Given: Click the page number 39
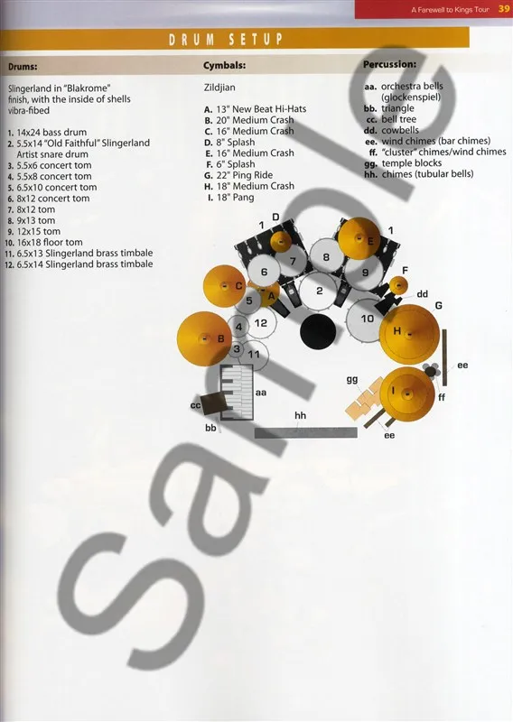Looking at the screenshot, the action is [x=504, y=9].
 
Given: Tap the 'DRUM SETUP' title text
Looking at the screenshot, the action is [x=226, y=40].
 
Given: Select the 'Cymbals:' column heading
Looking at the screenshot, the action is [x=225, y=65].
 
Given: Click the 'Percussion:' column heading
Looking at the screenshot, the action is [x=390, y=64].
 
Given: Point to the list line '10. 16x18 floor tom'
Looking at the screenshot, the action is [x=43, y=242].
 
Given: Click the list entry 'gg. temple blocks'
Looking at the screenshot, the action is [x=403, y=163].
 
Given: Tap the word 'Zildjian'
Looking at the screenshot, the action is [x=219, y=87].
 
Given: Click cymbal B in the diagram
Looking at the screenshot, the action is [x=204, y=338].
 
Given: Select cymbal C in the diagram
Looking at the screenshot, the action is [x=225, y=286].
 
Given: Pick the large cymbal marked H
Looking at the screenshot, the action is [x=409, y=334].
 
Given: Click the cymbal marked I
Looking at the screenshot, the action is [x=407, y=393].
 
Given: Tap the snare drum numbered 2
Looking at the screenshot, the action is [x=319, y=291].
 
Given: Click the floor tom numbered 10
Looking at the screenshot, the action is [x=367, y=320].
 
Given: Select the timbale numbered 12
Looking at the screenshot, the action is [x=260, y=323].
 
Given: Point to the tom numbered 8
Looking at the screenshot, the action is [x=326, y=256].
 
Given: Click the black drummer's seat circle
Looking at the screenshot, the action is [x=318, y=331].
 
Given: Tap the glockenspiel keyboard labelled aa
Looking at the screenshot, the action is [x=237, y=392].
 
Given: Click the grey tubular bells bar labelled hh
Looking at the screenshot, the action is [x=305, y=432].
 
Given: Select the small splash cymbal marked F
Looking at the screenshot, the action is [x=398, y=285].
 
